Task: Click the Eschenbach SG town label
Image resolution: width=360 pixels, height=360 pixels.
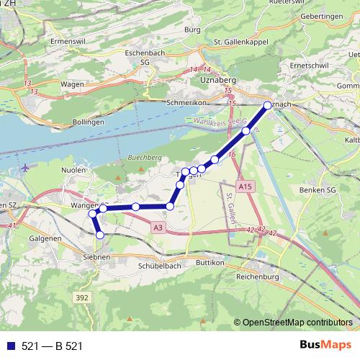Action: [x=135, y=58]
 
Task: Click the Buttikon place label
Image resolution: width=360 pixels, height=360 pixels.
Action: [x=211, y=264]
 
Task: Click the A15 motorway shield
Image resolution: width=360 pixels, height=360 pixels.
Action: [x=246, y=187]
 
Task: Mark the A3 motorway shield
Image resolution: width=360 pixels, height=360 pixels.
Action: [x=158, y=228]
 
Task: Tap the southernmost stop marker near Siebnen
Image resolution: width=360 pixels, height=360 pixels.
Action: [x=100, y=235]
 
